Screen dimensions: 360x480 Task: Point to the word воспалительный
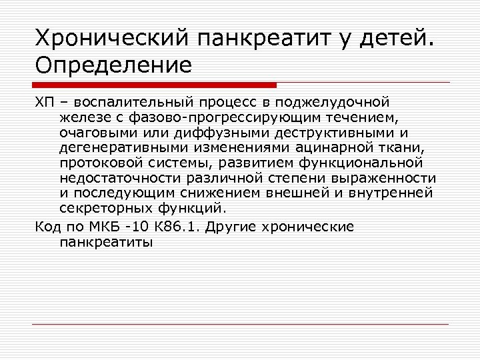coord(132,103)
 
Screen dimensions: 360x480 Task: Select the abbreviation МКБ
coord(113,227)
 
